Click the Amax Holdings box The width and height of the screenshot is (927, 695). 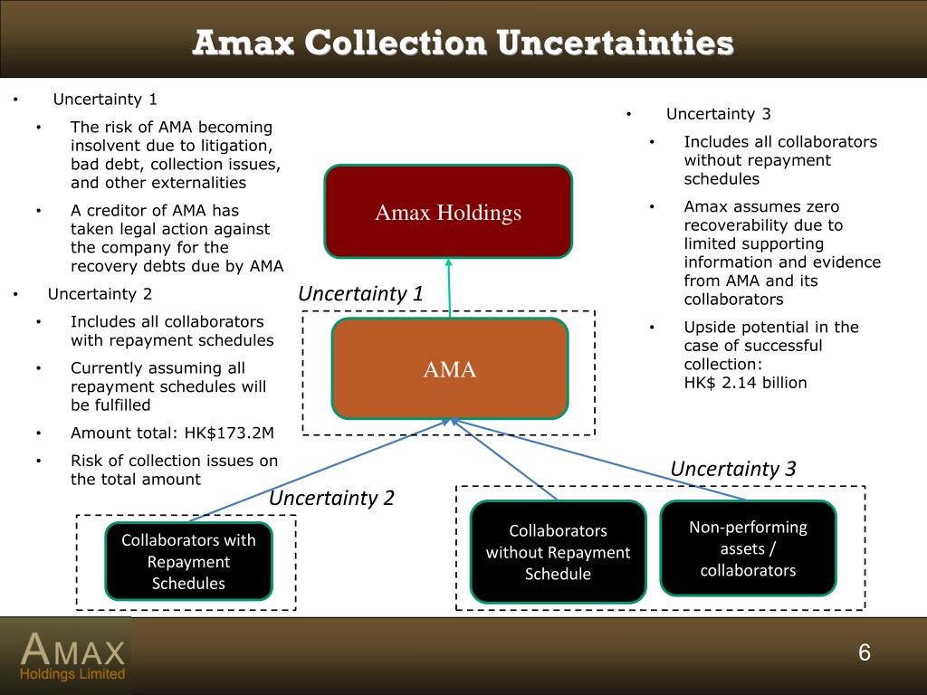(x=448, y=213)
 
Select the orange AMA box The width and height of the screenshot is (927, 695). (x=450, y=368)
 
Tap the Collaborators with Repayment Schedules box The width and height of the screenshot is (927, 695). (x=188, y=561)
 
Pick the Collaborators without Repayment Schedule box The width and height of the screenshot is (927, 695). (x=558, y=552)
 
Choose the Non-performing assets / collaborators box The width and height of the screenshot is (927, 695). (x=748, y=548)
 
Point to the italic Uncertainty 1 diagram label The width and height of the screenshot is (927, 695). (x=360, y=293)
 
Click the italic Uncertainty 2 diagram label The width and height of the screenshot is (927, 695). (x=331, y=497)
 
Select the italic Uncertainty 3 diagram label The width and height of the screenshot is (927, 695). (x=732, y=468)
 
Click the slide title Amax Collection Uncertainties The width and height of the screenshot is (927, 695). (x=463, y=43)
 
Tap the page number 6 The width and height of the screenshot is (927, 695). (x=864, y=653)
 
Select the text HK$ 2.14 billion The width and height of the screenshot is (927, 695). (x=745, y=382)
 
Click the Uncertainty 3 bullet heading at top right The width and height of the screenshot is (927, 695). (x=718, y=113)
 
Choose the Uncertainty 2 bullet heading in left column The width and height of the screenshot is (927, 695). (x=100, y=293)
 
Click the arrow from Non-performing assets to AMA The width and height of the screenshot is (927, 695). (x=597, y=459)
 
